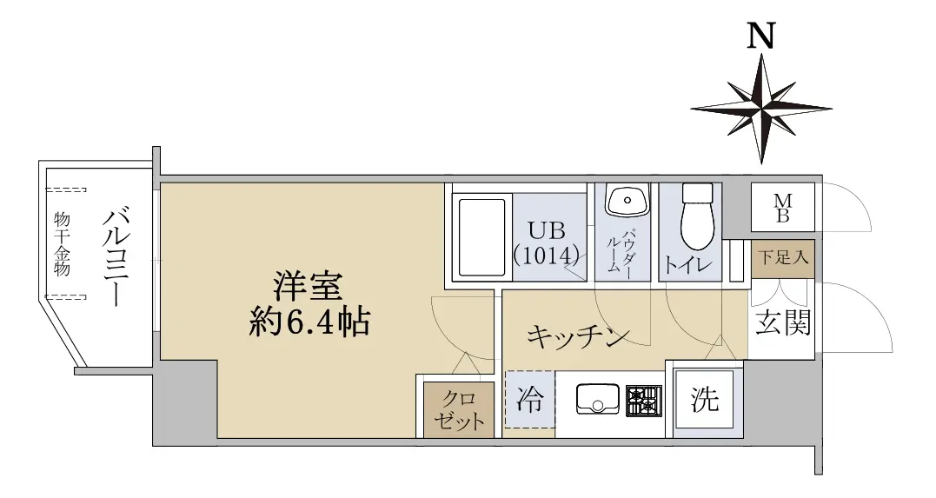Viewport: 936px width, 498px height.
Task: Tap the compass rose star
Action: (x=761, y=109)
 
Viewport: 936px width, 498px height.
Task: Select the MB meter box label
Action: (x=782, y=208)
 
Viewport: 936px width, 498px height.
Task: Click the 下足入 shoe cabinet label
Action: (x=783, y=257)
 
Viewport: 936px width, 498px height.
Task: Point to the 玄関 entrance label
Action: (x=782, y=322)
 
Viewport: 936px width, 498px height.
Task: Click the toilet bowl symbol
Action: (x=697, y=216)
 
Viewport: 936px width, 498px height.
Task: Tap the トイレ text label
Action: (x=688, y=264)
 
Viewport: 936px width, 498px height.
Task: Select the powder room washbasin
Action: (x=627, y=199)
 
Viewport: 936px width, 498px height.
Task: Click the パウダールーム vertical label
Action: (x=621, y=252)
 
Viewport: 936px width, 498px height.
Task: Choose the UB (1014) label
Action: (x=546, y=243)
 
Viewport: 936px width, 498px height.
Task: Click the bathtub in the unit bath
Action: (x=481, y=237)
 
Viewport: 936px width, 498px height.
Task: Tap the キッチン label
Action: (x=578, y=336)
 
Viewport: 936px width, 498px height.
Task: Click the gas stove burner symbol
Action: (x=643, y=401)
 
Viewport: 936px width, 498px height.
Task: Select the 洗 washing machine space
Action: (x=704, y=399)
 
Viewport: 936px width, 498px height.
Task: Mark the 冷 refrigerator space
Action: (x=530, y=400)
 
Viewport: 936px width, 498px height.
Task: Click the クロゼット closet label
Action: (x=459, y=410)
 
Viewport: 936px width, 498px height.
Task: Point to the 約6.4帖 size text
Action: (x=309, y=322)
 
